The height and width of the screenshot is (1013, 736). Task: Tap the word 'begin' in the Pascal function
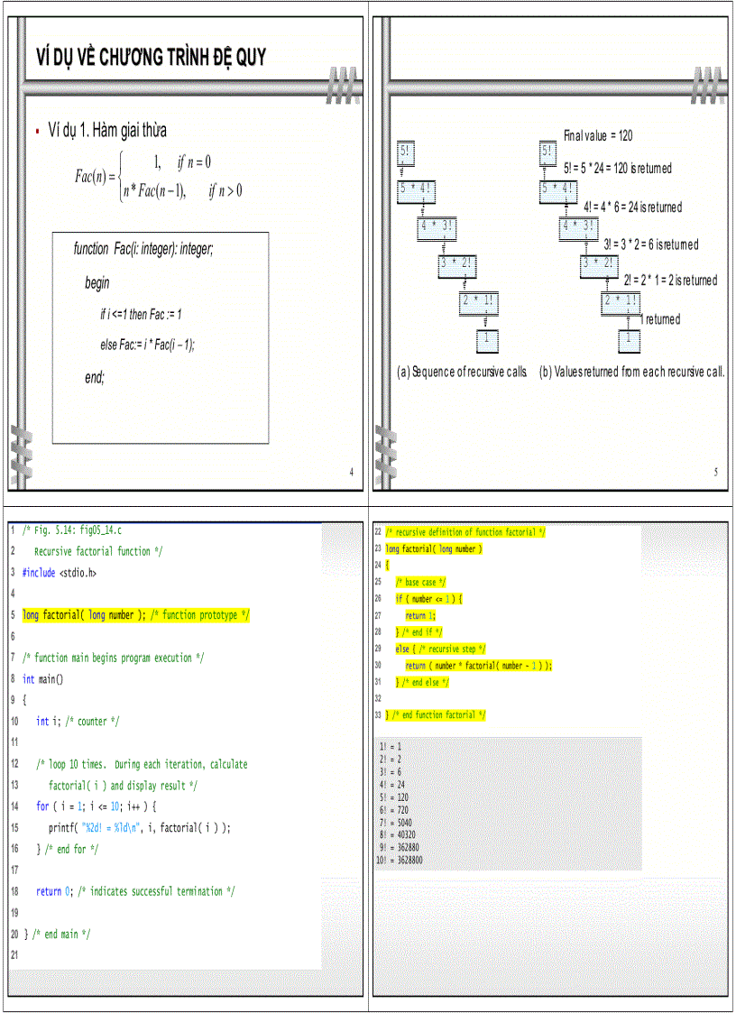pyautogui.click(x=97, y=282)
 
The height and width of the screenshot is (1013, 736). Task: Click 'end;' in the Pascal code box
pyautogui.click(x=95, y=378)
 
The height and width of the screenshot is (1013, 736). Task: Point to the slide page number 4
pyautogui.click(x=352, y=473)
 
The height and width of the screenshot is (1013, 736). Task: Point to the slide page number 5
pyautogui.click(x=716, y=473)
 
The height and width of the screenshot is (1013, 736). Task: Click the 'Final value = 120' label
pyautogui.click(x=598, y=135)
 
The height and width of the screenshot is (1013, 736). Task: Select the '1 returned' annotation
pyautogui.click(x=660, y=319)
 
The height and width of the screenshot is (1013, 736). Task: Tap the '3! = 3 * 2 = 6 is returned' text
pyautogui.click(x=650, y=244)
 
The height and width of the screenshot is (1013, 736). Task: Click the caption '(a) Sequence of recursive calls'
pyautogui.click(x=462, y=372)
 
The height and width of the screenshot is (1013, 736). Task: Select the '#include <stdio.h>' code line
pyautogui.click(x=60, y=572)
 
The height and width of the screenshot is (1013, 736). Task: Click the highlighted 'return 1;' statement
pyautogui.click(x=415, y=615)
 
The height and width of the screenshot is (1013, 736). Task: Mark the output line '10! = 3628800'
pyautogui.click(x=399, y=861)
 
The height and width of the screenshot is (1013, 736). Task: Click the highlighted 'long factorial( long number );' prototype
pyautogui.click(x=84, y=615)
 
